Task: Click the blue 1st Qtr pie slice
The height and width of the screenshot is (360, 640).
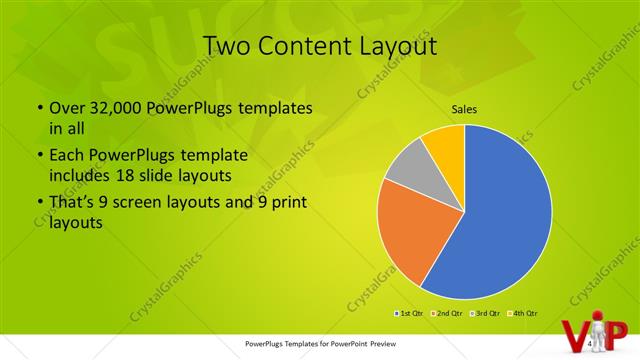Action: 500,210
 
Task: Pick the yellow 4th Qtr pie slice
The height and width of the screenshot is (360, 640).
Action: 443,143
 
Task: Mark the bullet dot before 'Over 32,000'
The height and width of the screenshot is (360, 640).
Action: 38,109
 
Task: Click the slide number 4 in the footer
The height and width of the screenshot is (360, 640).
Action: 591,343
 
